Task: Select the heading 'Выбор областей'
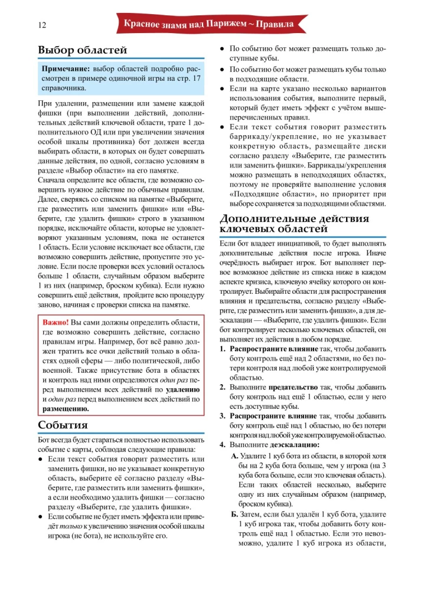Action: [82, 50]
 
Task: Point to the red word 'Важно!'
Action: [56, 323]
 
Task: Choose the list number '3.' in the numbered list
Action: [223, 416]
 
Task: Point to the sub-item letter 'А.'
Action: [234, 457]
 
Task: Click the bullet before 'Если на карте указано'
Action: [222, 88]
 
